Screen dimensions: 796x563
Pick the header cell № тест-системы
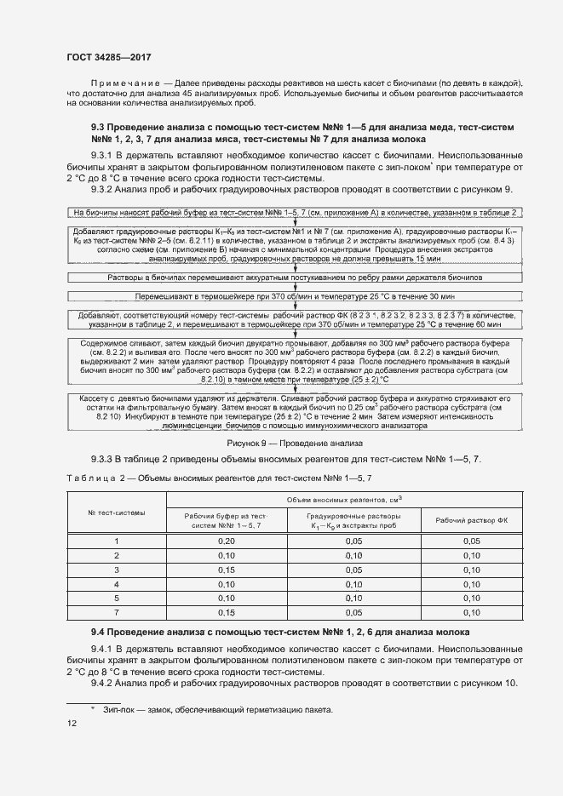click(x=116, y=513)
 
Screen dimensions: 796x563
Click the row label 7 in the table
click(x=116, y=612)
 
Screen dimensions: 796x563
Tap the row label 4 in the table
click(x=116, y=584)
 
